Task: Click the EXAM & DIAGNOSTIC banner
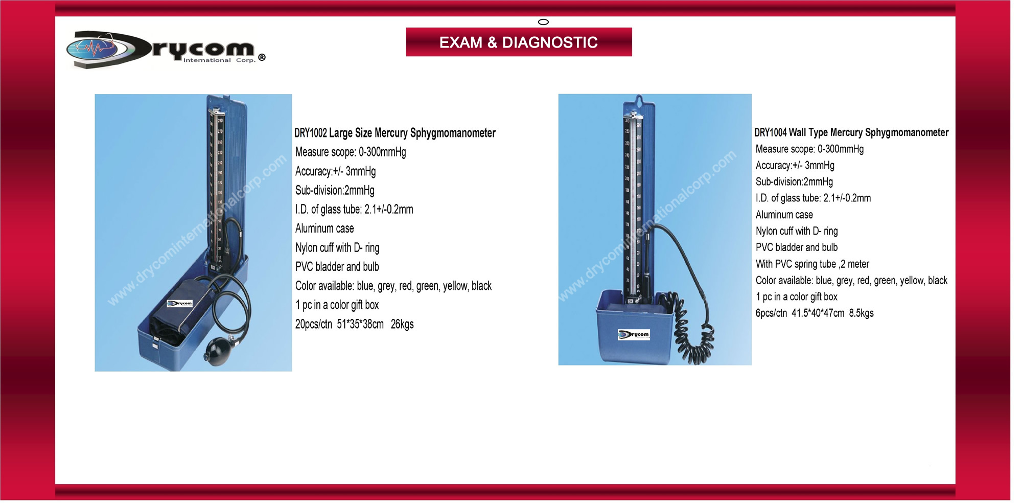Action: [519, 42]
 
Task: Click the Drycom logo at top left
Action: [166, 50]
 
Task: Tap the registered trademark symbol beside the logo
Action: [262, 57]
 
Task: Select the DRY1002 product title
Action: [395, 133]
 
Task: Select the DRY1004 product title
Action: [851, 132]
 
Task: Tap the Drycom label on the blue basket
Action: [634, 335]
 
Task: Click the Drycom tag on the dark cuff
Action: [180, 304]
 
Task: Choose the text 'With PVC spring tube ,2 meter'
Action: [812, 264]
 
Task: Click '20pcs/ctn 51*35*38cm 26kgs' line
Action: [354, 324]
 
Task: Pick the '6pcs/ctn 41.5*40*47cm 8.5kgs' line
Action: [815, 313]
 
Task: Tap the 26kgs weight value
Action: [402, 324]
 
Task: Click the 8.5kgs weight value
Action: [862, 313]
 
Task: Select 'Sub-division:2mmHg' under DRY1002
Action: [335, 190]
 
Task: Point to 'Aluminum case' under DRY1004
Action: [784, 215]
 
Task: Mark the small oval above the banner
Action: [544, 22]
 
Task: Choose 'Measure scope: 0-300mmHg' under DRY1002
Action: [351, 152]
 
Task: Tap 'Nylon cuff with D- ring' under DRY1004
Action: [797, 231]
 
